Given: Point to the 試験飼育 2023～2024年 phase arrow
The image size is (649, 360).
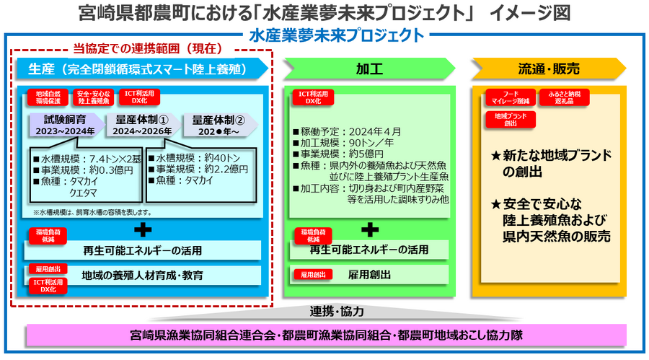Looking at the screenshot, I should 69,124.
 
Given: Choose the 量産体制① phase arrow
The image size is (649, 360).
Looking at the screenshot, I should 142,124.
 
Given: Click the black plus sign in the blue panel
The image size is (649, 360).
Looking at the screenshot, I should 143,230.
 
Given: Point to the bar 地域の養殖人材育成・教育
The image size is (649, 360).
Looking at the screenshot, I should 142,275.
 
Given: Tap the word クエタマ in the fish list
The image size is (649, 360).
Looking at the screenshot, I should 84,193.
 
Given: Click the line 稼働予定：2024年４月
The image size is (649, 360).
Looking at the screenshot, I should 347,132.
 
